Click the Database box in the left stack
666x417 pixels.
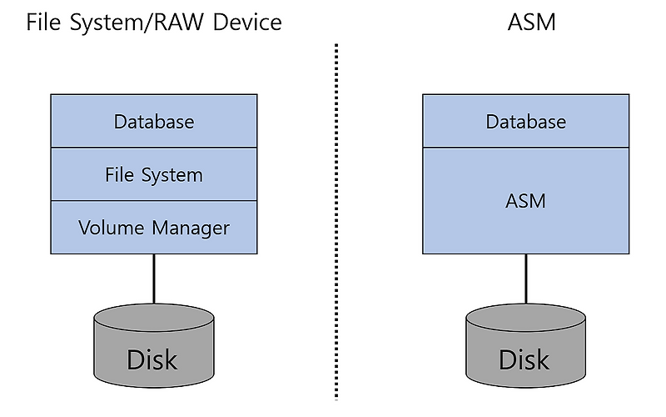(x=154, y=122)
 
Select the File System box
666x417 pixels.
(x=154, y=175)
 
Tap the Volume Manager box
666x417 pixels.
(x=154, y=227)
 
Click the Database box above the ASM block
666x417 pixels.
(x=525, y=122)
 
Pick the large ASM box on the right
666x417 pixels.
(x=525, y=201)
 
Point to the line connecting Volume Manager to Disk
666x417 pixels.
(x=153, y=279)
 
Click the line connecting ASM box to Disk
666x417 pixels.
(x=525, y=279)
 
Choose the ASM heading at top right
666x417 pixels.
(x=531, y=22)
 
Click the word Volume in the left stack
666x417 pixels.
(x=108, y=227)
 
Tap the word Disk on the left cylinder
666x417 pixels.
(x=152, y=359)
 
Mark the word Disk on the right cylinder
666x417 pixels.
(x=524, y=359)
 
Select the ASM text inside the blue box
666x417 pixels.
(x=525, y=201)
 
